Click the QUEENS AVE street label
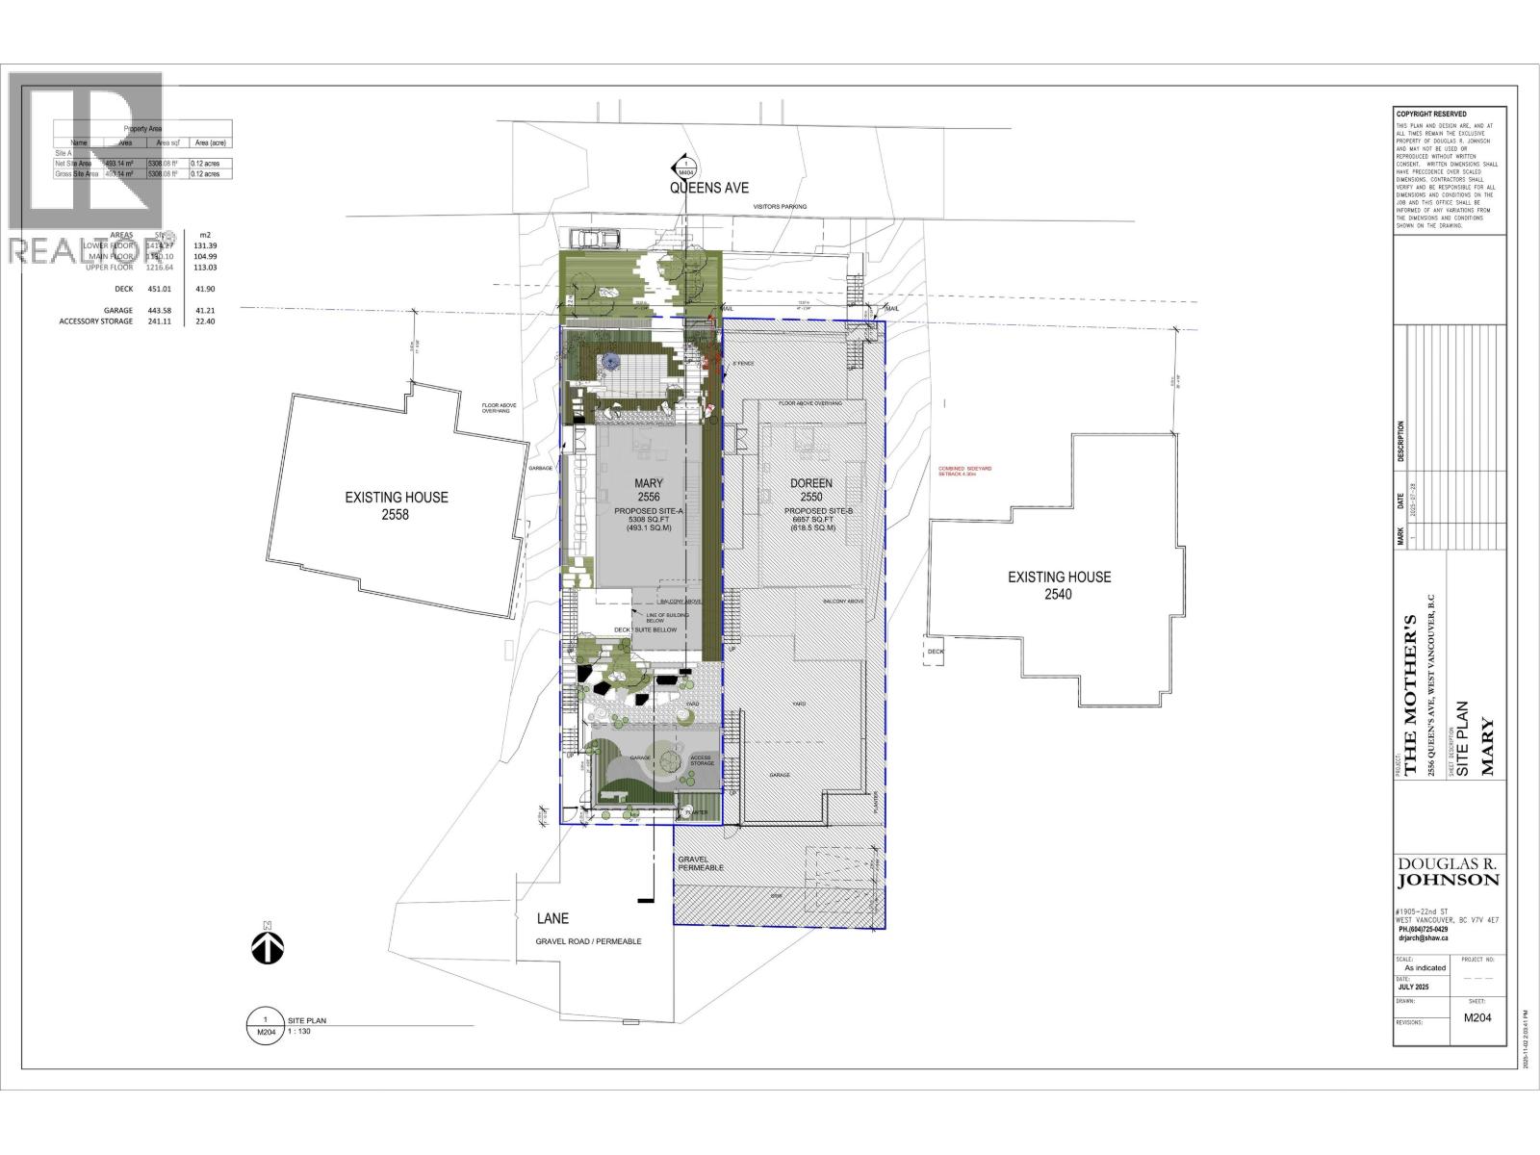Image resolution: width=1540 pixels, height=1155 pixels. click(x=709, y=189)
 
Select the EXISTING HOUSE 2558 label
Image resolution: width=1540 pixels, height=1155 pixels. click(x=397, y=505)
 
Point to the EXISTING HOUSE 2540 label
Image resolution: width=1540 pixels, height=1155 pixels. click(x=1059, y=585)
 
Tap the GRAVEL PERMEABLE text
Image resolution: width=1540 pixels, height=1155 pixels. click(x=700, y=862)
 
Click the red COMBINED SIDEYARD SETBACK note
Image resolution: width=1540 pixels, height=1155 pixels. click(x=965, y=472)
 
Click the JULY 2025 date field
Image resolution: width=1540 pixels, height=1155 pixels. click(x=1420, y=988)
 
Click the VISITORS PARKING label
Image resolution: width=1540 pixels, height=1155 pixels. click(x=780, y=206)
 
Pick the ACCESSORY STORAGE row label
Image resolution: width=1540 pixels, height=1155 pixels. click(x=96, y=321)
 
